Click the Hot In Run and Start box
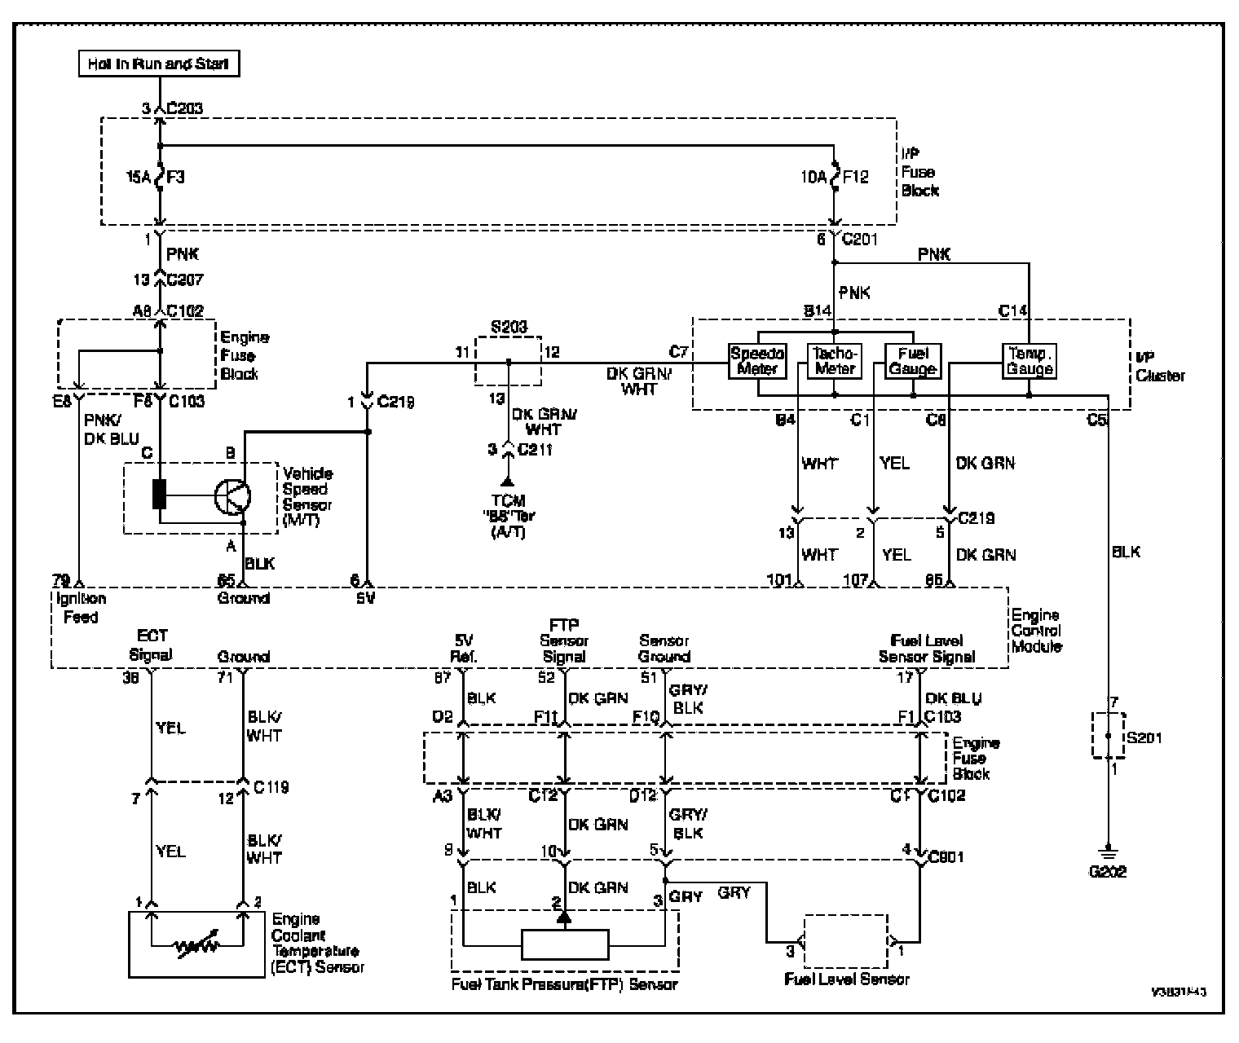click(159, 64)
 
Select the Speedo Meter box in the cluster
click(757, 361)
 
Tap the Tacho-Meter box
click(835, 361)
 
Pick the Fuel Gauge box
click(913, 361)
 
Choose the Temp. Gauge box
click(1030, 361)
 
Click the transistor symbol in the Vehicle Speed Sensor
click(232, 495)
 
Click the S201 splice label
click(1144, 738)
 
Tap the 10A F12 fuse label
click(833, 176)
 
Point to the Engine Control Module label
click(1036, 631)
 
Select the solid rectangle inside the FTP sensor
click(565, 946)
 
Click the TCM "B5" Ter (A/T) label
click(509, 517)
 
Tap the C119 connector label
click(271, 787)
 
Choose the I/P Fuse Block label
click(919, 172)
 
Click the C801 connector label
click(946, 857)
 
